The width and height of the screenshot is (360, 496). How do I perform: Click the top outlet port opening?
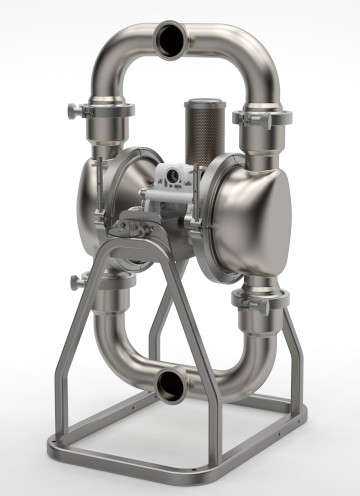point(172,38)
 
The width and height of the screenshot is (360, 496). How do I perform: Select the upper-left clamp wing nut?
point(74,111)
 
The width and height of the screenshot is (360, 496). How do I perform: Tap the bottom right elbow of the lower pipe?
point(245,360)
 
